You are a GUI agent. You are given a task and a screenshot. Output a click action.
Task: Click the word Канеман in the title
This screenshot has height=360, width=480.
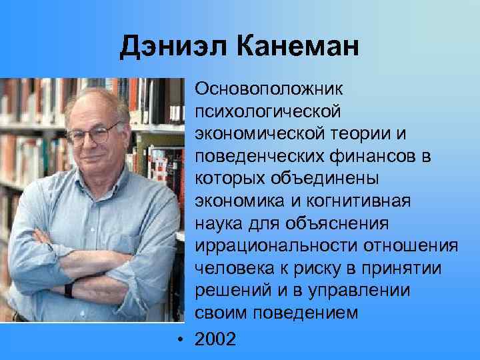(x=297, y=47)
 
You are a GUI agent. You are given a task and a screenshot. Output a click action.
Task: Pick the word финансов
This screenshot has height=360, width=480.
(x=379, y=157)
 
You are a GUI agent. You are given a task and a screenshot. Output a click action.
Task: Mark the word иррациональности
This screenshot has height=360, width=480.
(x=277, y=247)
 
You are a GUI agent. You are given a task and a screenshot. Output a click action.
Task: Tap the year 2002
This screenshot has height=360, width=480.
(x=215, y=339)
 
